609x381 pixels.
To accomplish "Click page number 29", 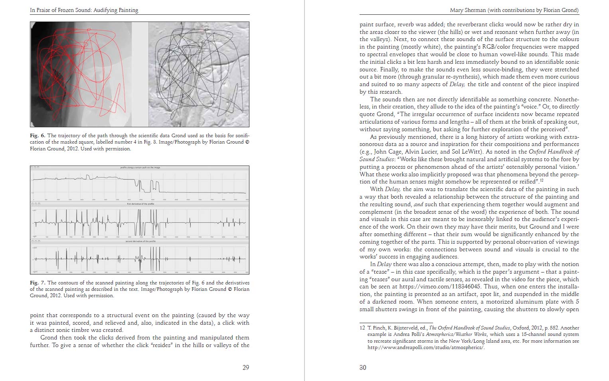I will [x=246, y=367].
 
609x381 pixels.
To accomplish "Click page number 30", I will [x=363, y=367].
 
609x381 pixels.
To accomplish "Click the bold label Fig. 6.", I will [x=38, y=136].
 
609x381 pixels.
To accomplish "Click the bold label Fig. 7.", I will [x=38, y=283].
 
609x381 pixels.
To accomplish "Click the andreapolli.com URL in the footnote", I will [x=425, y=347].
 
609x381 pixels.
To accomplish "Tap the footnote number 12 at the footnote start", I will [x=362, y=328].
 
